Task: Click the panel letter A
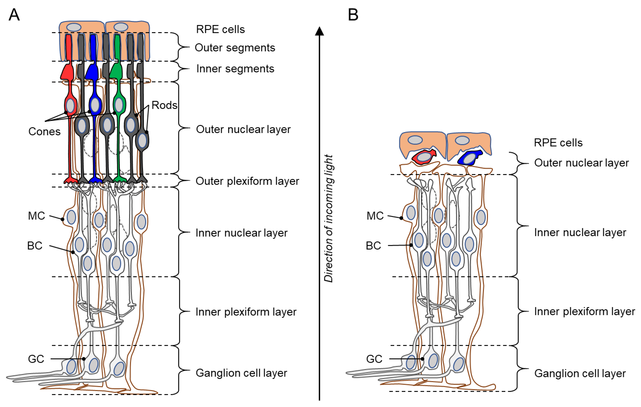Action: [x=14, y=15]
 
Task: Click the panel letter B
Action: [x=353, y=15]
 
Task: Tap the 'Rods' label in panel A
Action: [x=164, y=105]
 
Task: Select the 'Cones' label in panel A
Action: [x=44, y=132]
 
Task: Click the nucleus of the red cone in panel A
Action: [x=70, y=106]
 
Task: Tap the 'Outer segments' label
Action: [x=235, y=48]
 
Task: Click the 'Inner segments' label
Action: [x=235, y=69]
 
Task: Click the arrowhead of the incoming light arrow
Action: [x=319, y=31]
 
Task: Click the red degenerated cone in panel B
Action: [x=424, y=157]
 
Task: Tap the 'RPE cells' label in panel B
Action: [x=558, y=143]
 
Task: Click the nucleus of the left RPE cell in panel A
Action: [x=74, y=27]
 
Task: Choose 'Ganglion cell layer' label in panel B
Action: [x=580, y=373]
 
